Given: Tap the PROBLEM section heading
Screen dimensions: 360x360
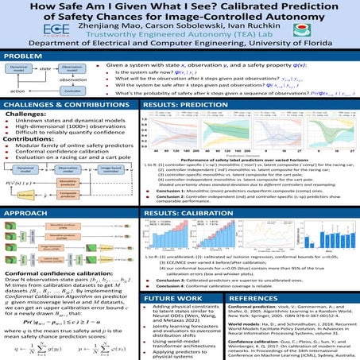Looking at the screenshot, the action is [x=23, y=56].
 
